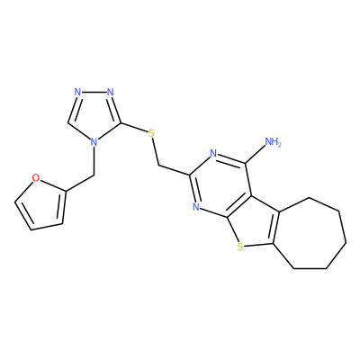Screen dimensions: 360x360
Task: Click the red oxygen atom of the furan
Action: click(x=36, y=178)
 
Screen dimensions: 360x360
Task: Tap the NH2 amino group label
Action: click(x=273, y=141)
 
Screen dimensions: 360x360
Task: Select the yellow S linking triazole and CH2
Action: click(x=151, y=133)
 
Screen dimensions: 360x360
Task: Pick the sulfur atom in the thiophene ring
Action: click(x=239, y=247)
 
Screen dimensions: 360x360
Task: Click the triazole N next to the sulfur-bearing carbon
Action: click(x=111, y=92)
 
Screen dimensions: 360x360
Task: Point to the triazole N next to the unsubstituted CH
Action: click(x=77, y=92)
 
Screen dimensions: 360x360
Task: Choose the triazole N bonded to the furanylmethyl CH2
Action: click(x=94, y=142)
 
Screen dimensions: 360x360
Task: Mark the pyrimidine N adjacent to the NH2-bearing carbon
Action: click(x=213, y=154)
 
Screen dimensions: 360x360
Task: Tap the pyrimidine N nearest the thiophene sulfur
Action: click(x=196, y=206)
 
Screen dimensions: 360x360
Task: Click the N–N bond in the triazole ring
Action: click(x=94, y=92)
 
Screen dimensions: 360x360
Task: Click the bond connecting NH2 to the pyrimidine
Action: click(x=256, y=155)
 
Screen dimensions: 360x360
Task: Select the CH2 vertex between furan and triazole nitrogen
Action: click(x=94, y=175)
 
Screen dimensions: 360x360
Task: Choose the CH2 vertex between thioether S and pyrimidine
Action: click(x=158, y=165)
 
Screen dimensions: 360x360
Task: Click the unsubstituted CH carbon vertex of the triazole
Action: click(x=67, y=123)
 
